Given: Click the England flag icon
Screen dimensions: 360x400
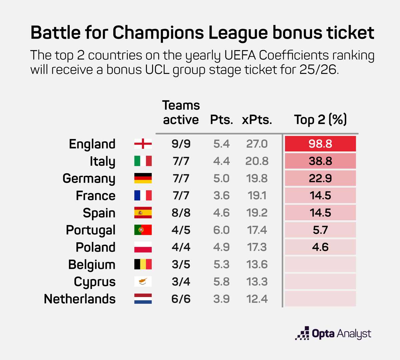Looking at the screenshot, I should pos(143,144).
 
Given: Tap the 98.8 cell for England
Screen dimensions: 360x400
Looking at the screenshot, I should pos(320,144).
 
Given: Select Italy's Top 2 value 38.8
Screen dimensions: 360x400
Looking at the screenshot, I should pos(320,161).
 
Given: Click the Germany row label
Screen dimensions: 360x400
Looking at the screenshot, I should pos(89,179).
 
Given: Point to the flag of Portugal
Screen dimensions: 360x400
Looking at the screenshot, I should pos(143,230).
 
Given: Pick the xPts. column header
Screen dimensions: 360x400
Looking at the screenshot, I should pos(257,120).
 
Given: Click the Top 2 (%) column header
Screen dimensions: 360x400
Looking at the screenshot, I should pos(320,119).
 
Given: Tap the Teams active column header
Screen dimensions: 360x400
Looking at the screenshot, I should pos(181,112).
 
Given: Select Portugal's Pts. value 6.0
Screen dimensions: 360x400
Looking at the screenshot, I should pos(222,230).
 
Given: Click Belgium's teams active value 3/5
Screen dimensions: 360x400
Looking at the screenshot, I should pos(181,265).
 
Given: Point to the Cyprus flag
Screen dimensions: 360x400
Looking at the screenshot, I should pos(143,282).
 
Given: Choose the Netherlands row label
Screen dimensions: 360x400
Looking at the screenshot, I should pos(80,299).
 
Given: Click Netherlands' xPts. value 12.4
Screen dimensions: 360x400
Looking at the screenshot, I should pos(257,299).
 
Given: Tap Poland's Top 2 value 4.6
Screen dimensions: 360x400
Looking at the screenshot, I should pos(320,247).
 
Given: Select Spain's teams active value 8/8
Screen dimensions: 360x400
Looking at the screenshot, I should pos(181,213).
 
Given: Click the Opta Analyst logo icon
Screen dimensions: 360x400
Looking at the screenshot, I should pos(302,333).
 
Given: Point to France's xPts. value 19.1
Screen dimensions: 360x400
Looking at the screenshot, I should pos(257,196).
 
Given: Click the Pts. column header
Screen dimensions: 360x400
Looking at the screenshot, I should pos(222,120).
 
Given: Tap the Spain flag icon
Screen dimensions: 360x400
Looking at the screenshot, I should pos(143,213).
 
